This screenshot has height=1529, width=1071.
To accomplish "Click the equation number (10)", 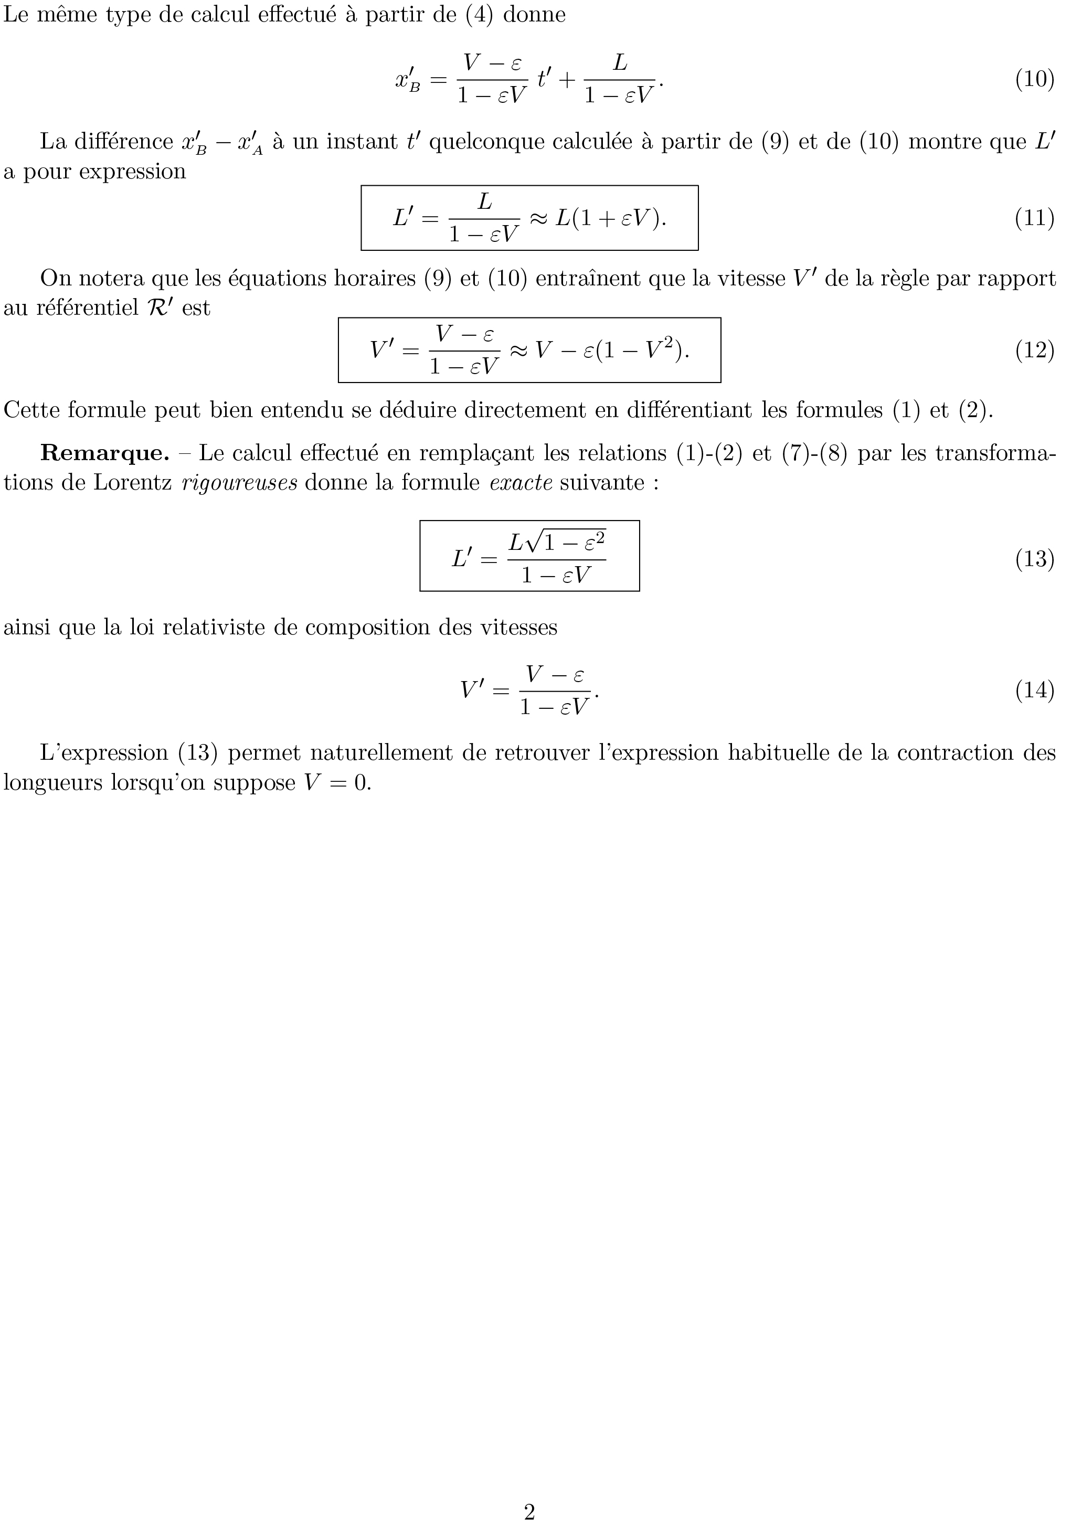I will point(1034,79).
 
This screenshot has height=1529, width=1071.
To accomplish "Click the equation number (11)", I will point(1034,218).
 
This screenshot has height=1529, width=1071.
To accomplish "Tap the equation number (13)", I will point(1034,558).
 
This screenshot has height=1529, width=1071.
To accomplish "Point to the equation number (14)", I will point(1034,690).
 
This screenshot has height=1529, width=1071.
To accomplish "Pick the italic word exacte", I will point(521,482).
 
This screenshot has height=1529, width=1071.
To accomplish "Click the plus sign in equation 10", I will point(566,80).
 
